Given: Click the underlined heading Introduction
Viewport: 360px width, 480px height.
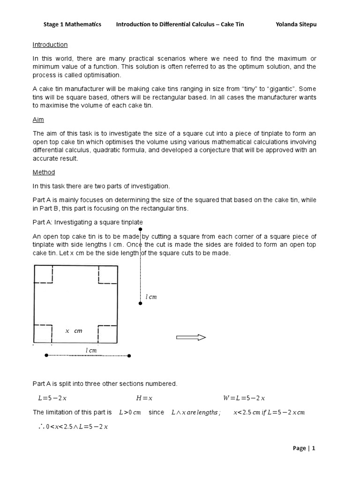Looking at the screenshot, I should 50,45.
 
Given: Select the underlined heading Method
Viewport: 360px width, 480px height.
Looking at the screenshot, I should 43,172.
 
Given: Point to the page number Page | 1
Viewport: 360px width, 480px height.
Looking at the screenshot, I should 304,448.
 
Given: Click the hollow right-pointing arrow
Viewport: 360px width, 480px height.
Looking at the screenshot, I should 191,337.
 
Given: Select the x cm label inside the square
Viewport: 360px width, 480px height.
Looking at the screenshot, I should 74,331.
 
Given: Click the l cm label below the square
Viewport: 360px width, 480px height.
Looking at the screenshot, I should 91,350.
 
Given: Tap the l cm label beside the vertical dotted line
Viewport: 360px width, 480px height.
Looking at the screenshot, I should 151,297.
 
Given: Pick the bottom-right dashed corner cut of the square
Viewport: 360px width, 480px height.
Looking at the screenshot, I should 107,333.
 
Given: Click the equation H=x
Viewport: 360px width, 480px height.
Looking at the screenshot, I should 144,398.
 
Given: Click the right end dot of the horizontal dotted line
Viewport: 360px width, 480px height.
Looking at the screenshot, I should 129,356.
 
